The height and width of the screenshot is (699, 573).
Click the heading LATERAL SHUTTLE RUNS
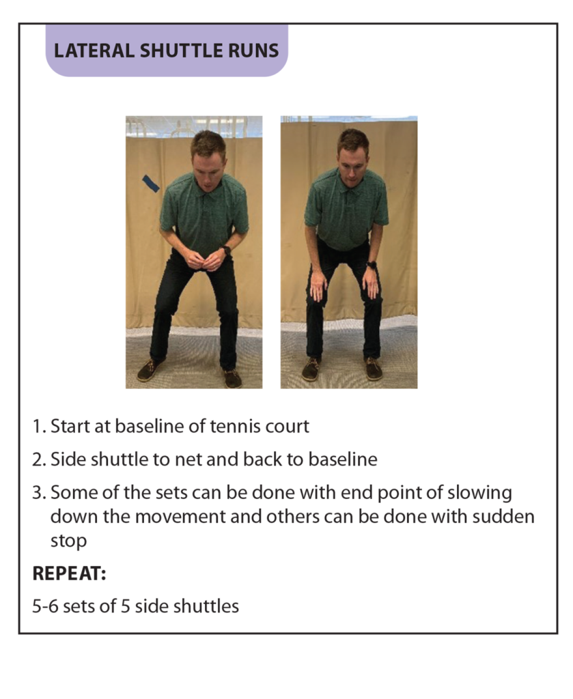click(167, 51)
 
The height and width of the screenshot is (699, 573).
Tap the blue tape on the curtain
click(151, 183)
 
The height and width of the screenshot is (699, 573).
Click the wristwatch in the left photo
click(227, 251)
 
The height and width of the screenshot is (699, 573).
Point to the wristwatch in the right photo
click(372, 265)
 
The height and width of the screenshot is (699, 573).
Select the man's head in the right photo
click(353, 154)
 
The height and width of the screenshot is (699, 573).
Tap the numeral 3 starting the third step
click(38, 493)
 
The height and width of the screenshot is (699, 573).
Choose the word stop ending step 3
click(68, 541)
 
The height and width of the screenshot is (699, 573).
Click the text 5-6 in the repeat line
click(45, 606)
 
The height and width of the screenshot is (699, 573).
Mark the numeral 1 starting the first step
click(37, 426)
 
